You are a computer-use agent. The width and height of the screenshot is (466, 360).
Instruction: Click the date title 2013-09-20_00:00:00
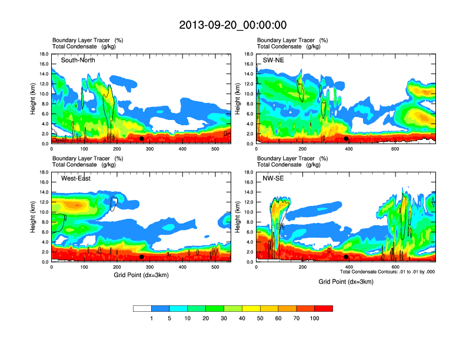pos(233,25)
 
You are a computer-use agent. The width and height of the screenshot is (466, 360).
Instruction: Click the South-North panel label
pos(78,60)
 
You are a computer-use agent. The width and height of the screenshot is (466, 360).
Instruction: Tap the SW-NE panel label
pos(272,60)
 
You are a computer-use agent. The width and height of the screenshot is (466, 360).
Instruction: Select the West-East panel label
pos(76,178)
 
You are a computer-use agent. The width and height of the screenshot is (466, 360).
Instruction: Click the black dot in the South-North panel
pos(141,139)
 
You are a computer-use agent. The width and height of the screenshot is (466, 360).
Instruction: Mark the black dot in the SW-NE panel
pos(346,139)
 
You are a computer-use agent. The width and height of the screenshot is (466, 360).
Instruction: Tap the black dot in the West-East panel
pos(141,257)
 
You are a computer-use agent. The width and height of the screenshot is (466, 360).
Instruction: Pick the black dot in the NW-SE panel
pos(346,257)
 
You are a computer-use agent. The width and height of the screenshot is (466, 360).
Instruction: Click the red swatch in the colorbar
pos(324,308)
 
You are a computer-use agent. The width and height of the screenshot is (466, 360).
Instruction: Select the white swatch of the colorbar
pos(142,308)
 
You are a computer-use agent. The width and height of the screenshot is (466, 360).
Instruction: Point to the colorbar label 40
pos(242,318)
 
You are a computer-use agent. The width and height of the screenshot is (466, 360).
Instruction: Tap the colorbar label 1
pos(152,318)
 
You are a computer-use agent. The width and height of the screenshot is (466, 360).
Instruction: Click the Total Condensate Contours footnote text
pos(388,272)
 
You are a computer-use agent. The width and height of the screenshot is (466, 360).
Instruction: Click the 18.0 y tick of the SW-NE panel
pos(248,55)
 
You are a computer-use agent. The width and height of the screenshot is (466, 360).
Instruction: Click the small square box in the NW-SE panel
pos(280,226)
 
